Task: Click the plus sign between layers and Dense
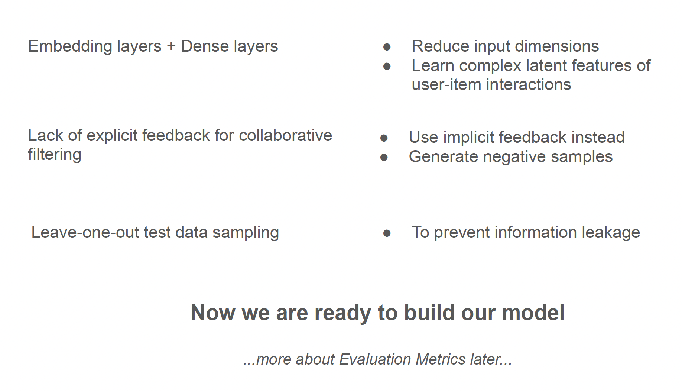tap(171, 47)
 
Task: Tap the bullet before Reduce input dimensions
tap(387, 47)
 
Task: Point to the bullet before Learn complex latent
tap(387, 66)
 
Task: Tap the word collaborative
tap(285, 135)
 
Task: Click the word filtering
tap(55, 155)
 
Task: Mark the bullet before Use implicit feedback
tap(384, 138)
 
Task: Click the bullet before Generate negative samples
tap(384, 158)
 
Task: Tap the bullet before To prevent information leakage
tap(387, 233)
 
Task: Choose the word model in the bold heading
tap(533, 313)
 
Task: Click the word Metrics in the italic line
tap(440, 359)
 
